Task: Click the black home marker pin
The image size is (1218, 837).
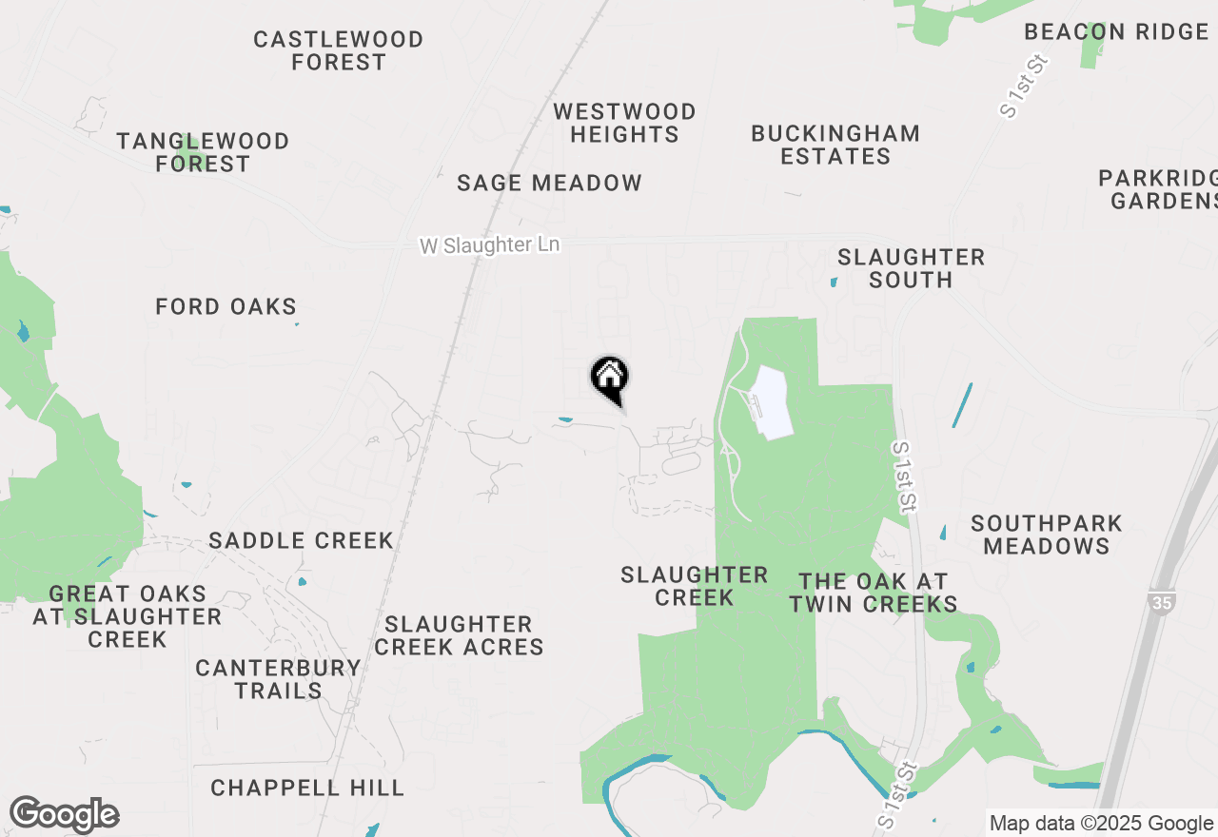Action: (x=609, y=379)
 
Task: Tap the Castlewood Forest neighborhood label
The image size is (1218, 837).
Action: (x=339, y=50)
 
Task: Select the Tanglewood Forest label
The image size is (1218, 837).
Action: (x=203, y=152)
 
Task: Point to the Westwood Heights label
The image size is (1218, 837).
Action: (x=624, y=124)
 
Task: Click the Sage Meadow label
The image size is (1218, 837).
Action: (x=549, y=183)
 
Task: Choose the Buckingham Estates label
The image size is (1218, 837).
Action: (x=835, y=145)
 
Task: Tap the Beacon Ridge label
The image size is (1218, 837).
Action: (x=1116, y=31)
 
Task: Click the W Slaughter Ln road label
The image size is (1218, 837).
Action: (x=489, y=245)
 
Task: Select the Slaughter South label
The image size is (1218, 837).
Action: (x=911, y=268)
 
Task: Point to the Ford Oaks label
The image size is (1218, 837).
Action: (x=226, y=306)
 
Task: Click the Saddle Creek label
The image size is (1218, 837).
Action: (x=301, y=540)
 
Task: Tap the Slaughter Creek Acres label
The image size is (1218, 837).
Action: (x=459, y=635)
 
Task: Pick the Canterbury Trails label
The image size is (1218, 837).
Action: (x=278, y=679)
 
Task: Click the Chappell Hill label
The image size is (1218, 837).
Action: (x=307, y=788)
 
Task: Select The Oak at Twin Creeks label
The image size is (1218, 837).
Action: (x=873, y=593)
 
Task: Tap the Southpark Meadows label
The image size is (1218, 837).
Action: (x=1047, y=535)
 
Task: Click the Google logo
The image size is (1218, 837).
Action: (x=64, y=815)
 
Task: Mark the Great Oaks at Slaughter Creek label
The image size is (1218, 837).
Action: (x=128, y=616)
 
